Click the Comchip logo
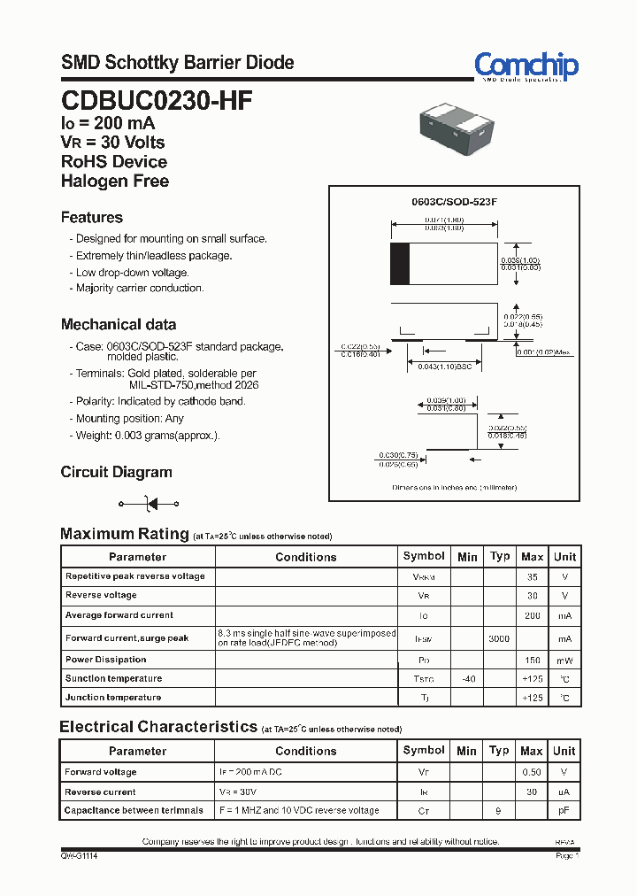pyautogui.click(x=526, y=66)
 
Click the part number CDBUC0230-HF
pyautogui.click(x=157, y=101)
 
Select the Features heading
pyautogui.click(x=92, y=217)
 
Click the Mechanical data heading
pyautogui.click(x=119, y=324)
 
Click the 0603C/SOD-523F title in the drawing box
pyautogui.click(x=454, y=202)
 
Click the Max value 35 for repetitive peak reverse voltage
pyautogui.click(x=532, y=576)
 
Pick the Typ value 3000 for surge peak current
pyautogui.click(x=499, y=638)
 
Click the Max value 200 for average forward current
pyautogui.click(x=532, y=615)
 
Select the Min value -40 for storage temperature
pyautogui.click(x=467, y=679)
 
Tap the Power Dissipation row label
pyautogui.click(x=106, y=660)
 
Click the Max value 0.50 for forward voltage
pyautogui.click(x=532, y=772)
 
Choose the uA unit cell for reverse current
pyautogui.click(x=564, y=792)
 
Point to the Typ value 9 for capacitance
pyautogui.click(x=499, y=810)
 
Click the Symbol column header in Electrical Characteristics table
pyautogui.click(x=424, y=750)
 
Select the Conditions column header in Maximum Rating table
pyautogui.click(x=306, y=557)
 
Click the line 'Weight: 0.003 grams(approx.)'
pyautogui.click(x=148, y=436)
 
